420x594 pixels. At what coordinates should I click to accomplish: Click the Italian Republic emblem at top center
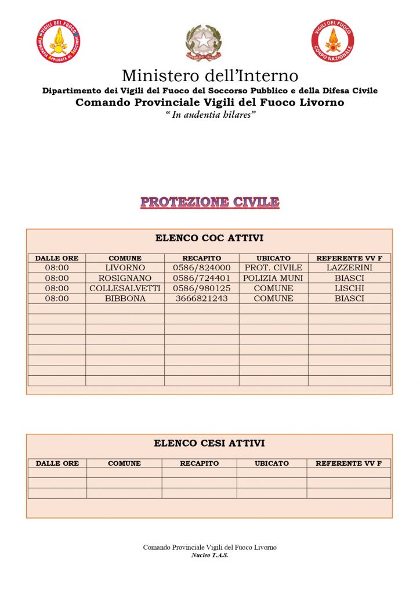point(204,42)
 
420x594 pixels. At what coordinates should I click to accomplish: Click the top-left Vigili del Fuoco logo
point(58,41)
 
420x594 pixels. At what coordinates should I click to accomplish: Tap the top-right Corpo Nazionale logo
point(333,41)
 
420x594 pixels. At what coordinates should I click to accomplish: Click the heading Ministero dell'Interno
point(210,75)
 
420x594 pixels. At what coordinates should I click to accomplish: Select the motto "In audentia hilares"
point(210,114)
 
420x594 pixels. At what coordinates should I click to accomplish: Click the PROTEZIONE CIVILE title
point(209,202)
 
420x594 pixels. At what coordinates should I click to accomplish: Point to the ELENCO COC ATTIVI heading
point(209,238)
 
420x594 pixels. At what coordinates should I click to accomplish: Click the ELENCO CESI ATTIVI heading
point(209,443)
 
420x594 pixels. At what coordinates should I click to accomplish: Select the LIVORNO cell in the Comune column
point(125,268)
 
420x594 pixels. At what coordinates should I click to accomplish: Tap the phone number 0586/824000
point(202,268)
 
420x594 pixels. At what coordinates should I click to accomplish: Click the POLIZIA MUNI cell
point(273,278)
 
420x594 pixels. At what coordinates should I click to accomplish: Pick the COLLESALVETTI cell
point(125,288)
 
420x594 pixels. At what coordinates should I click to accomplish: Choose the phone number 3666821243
point(202,299)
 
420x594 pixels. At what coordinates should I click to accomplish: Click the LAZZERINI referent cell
point(349,268)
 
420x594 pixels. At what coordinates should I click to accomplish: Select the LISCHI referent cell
point(349,288)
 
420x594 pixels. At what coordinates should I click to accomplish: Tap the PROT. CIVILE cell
point(273,268)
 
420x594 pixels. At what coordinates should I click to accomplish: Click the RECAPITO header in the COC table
point(202,258)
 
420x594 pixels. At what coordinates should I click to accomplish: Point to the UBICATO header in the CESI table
point(271,463)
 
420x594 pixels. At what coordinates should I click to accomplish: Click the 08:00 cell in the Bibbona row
point(57,299)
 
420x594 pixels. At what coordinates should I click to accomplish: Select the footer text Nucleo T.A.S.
point(209,555)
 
